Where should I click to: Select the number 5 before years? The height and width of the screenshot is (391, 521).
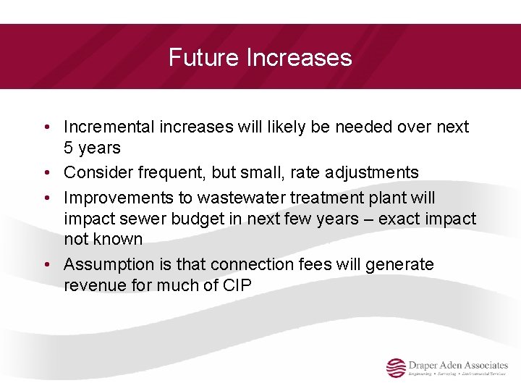(69, 148)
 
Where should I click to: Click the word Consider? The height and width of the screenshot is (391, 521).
(94, 173)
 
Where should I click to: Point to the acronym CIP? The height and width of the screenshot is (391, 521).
(237, 286)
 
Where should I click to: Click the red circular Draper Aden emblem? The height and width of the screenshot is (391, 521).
(396, 369)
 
